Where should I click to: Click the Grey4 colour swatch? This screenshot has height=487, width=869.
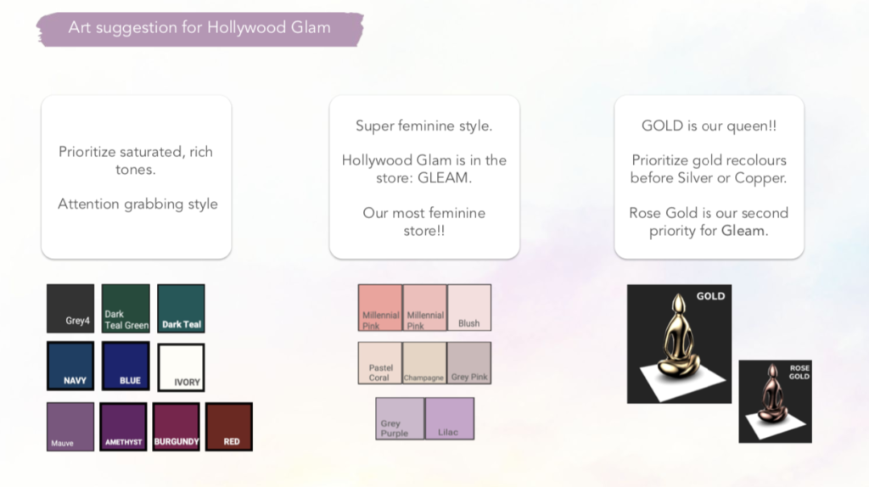70,309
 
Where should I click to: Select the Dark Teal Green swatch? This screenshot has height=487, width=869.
126,309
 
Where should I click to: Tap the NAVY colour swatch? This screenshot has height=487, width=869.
70,366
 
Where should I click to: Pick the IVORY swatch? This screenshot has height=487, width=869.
182,367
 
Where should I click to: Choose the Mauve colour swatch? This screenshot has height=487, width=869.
70,427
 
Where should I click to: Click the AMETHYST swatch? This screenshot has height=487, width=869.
123,427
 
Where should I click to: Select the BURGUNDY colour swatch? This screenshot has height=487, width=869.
177,427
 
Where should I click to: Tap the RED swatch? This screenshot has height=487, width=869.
229,427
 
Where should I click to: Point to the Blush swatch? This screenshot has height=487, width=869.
469,307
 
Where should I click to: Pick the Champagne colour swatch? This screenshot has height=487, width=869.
424,363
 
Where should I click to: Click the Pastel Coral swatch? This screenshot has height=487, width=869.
379,363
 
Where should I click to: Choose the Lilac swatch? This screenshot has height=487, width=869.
450,419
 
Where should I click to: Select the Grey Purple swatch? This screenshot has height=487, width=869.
400,419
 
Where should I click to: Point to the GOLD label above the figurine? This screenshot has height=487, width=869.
710,296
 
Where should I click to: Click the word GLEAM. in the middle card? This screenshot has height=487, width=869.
445,178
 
